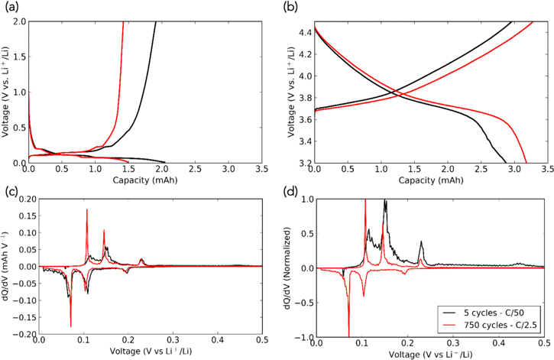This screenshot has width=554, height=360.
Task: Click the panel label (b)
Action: pos(293,8)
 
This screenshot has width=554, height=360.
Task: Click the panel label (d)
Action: pos(293,189)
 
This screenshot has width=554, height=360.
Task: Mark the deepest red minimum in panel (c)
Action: pos(70,326)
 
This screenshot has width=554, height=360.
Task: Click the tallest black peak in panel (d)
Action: pos(385,201)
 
